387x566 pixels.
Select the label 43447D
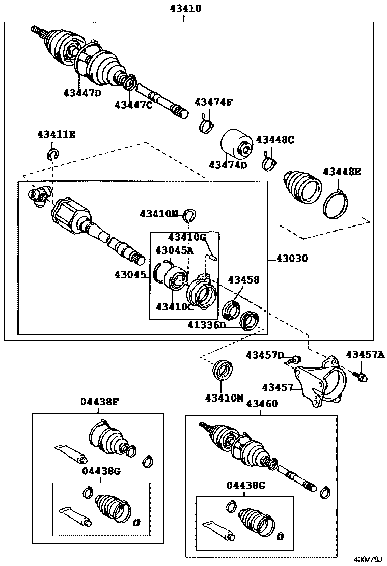tap(82, 93)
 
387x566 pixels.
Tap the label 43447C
tap(133, 105)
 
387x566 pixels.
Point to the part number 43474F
tap(213, 102)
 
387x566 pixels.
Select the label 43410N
tap(159, 214)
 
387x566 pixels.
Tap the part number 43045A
tap(174, 250)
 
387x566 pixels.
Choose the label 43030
tap(292, 258)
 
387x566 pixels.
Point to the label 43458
tap(243, 279)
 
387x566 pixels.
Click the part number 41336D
tap(206, 325)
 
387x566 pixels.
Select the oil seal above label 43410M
tap(222, 370)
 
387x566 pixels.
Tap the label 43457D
tap(264, 355)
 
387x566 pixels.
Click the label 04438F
tap(99, 402)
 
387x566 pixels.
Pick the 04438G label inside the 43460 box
tap(245, 486)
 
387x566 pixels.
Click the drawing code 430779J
tap(368, 559)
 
